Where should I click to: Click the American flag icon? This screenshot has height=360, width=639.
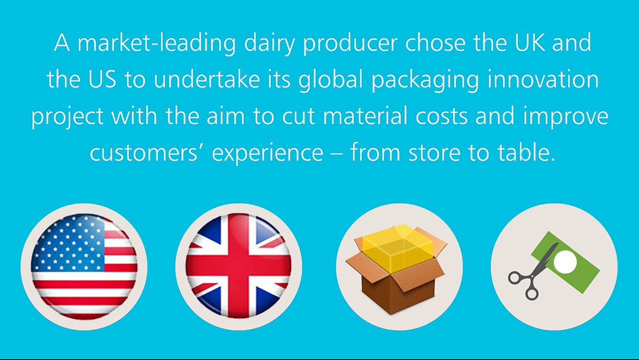[x=84, y=266]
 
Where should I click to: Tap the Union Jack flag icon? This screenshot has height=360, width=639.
[x=239, y=266]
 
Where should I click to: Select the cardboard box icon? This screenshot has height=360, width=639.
[x=396, y=269]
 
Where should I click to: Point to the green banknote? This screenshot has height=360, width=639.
[x=566, y=262]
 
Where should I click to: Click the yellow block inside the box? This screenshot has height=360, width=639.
[x=398, y=248]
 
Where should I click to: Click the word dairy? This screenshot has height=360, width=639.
[x=269, y=43]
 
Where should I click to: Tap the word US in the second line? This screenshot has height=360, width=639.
[x=102, y=79]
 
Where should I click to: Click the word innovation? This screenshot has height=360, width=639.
[x=543, y=79]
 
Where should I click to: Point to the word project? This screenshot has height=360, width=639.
[x=67, y=117]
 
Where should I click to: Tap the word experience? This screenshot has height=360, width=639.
[x=267, y=154]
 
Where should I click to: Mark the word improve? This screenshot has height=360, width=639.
[x=565, y=117]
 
